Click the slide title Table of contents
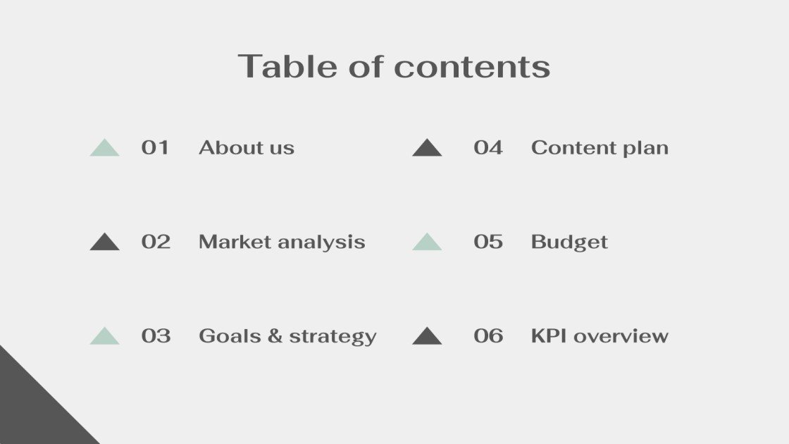point(394,66)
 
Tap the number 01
point(155,147)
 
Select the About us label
point(247,147)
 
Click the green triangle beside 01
point(105,149)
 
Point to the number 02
point(156,242)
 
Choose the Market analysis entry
point(282,242)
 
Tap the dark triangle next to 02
point(105,243)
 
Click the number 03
point(156,335)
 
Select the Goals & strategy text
point(287,336)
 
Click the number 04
point(488,147)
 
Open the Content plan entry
point(599,148)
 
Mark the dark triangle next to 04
point(427,149)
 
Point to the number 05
point(488,242)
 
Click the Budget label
point(569,242)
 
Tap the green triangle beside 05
point(427,243)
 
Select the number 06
point(488,335)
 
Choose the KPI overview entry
point(599,335)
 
